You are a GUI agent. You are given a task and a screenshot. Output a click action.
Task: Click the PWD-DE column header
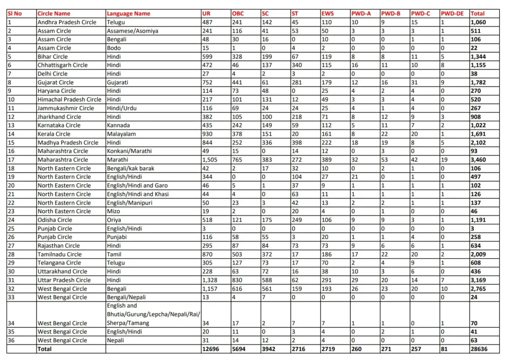tap(453, 13)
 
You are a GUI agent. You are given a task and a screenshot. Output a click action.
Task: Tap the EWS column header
tap(328, 13)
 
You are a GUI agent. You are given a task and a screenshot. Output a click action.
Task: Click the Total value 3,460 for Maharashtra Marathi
tap(479, 160)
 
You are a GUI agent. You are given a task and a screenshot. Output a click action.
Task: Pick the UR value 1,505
tap(211, 160)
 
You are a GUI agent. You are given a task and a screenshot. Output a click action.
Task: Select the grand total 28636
tap(480, 349)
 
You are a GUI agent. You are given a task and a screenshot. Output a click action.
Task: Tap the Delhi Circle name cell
tap(53, 74)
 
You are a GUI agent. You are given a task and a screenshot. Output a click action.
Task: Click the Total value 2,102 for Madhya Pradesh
tap(479, 142)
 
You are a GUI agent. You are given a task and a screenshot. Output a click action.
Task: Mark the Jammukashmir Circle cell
tap(66, 108)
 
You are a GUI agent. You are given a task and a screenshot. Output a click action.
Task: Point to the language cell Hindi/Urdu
tap(122, 108)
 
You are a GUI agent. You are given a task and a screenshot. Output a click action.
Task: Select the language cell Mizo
tap(113, 211)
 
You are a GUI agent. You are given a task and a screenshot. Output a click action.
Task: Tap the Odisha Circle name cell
tap(55, 220)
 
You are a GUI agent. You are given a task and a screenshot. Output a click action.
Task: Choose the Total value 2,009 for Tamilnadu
tap(479, 254)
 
